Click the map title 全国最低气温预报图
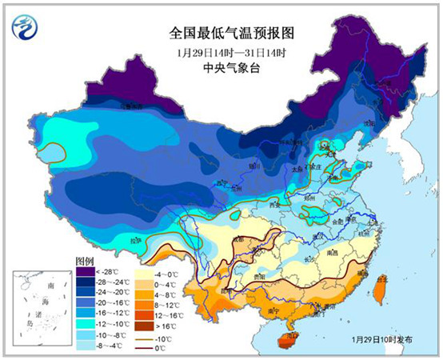pos(221,34)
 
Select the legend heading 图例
pos(86,262)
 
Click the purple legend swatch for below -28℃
pos(86,273)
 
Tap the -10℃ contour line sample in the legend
pos(146,338)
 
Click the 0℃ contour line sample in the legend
pos(146,348)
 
